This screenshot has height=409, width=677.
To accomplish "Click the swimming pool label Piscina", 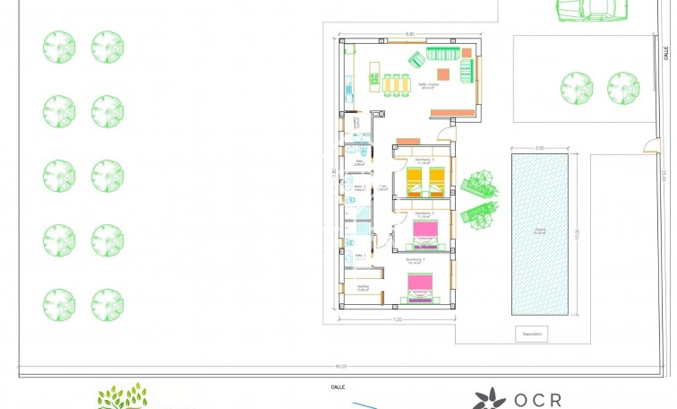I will pos(539,231).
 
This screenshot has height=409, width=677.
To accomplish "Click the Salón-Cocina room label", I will pos(427,85).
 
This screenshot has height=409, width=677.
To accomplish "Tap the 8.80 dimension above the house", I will pos(410,34).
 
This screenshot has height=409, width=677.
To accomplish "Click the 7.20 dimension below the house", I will pos(396,319).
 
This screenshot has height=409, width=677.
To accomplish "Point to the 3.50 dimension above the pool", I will pos(539,147).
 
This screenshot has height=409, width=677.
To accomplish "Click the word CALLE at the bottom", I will pos(338,387).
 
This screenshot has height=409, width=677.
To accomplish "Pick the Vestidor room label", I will pos(364,288).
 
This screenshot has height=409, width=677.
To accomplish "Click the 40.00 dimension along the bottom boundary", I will pos(340,366).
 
